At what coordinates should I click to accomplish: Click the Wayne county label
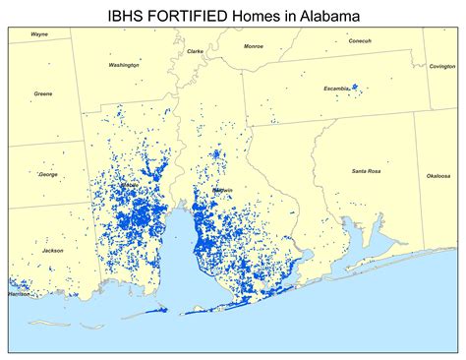click(x=39, y=33)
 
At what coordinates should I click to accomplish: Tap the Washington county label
click(x=124, y=65)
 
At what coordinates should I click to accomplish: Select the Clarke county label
click(x=196, y=51)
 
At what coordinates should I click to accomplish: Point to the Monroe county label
click(x=254, y=46)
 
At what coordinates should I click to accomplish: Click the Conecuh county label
click(x=360, y=40)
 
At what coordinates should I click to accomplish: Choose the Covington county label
click(x=442, y=66)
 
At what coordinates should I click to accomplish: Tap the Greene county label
click(x=43, y=93)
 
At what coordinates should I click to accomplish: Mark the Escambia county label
click(x=336, y=89)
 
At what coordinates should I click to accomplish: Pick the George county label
click(x=48, y=174)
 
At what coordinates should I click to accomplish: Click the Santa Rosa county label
click(x=367, y=171)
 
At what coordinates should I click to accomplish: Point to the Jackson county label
click(x=53, y=250)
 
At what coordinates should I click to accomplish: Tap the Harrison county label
click(x=20, y=293)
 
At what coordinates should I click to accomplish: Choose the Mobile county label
click(x=129, y=185)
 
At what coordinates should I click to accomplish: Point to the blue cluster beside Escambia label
click(x=356, y=87)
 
